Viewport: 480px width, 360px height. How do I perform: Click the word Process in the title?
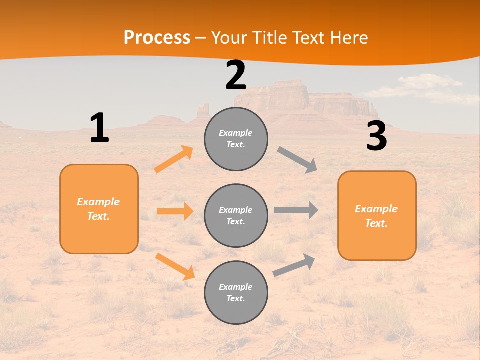[157, 37]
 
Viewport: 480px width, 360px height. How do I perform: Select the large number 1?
[99, 128]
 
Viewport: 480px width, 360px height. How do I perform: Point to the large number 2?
[236, 75]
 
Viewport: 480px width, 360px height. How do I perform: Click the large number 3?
[376, 136]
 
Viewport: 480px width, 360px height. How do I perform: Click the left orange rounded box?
[99, 209]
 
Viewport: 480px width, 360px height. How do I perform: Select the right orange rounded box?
[377, 215]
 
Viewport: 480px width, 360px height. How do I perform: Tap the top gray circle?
[236, 139]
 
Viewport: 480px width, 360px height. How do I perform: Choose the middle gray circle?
[236, 215]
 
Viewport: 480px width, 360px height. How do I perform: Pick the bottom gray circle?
[236, 292]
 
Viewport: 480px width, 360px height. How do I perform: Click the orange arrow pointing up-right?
[174, 159]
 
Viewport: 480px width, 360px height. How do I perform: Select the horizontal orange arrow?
[175, 211]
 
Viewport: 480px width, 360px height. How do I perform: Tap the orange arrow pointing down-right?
[175, 266]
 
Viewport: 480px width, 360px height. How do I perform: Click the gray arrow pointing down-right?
[297, 159]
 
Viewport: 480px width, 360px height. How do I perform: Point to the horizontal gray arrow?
[295, 210]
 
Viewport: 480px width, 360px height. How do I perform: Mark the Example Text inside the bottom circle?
[236, 292]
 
